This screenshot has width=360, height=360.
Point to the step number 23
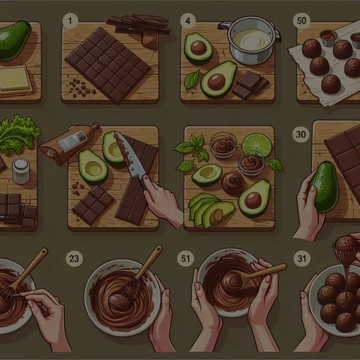(75, 259)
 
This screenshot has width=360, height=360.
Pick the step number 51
(186, 259)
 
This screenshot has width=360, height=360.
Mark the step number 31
(302, 259)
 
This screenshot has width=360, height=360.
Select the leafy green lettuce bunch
(18, 135)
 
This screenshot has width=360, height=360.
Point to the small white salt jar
(21, 170)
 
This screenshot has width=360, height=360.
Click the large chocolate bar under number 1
(108, 63)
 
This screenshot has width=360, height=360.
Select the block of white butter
(16, 79)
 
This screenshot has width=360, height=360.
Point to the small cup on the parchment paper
(328, 37)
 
